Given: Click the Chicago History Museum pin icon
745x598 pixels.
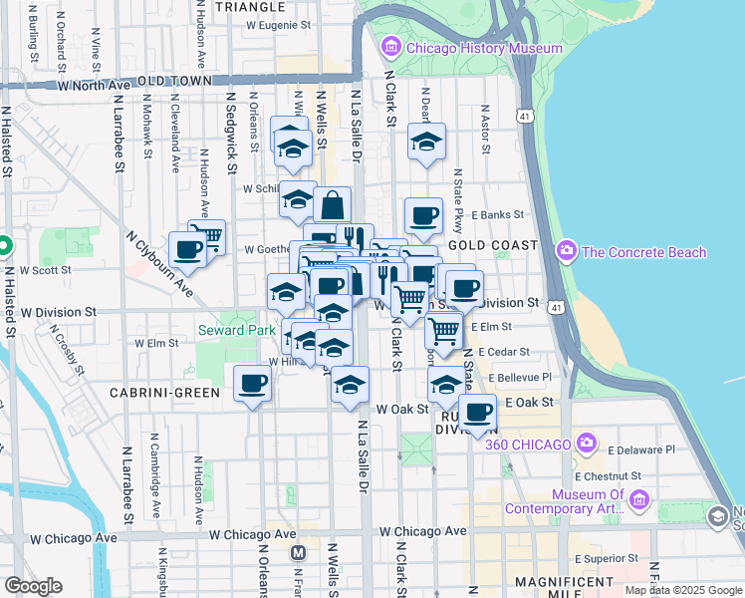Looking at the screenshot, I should (x=389, y=47).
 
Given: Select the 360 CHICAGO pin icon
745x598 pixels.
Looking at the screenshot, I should (x=587, y=443).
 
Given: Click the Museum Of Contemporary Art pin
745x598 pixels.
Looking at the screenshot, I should (x=639, y=498).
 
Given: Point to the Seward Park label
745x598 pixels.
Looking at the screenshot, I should (x=236, y=330).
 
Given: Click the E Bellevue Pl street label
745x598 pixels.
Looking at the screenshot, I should (x=519, y=378).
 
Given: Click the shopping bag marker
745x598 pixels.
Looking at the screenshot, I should (x=333, y=207).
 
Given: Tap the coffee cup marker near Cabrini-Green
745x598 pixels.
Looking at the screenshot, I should (x=253, y=383).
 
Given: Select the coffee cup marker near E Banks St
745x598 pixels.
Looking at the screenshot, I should (x=423, y=215).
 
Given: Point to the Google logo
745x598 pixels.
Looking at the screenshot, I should (x=34, y=586).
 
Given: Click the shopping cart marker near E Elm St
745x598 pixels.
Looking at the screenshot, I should (x=443, y=330).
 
